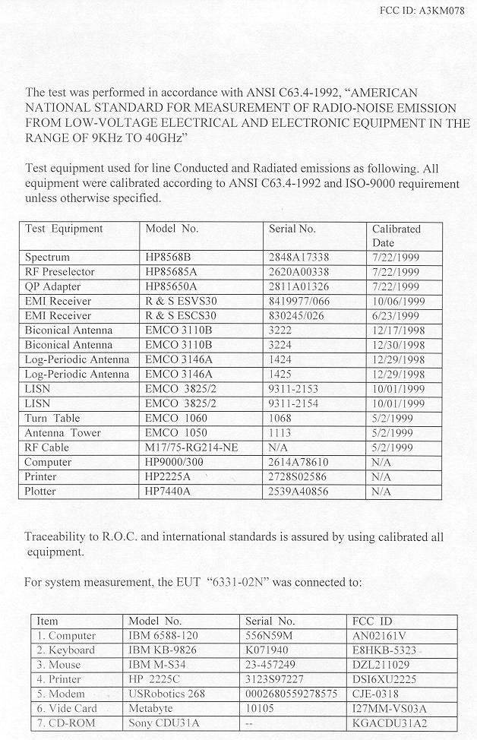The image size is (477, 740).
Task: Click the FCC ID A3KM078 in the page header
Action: click(427, 11)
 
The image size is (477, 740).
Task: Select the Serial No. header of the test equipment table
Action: click(292, 229)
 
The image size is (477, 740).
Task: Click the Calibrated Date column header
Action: click(396, 235)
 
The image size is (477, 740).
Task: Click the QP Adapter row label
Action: click(52, 286)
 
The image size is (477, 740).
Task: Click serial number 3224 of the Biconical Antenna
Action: click(282, 345)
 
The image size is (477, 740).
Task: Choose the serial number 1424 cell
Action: click(282, 359)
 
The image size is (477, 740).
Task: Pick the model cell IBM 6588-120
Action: click(161, 636)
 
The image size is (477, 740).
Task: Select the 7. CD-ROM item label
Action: click(66, 723)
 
